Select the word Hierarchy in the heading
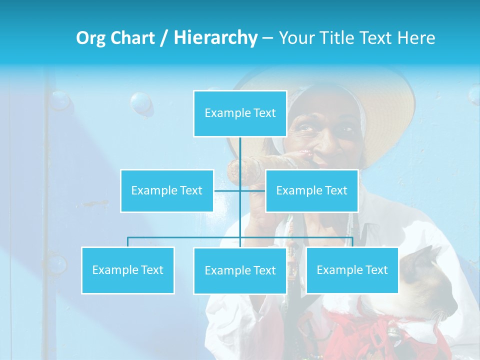(x=215, y=38)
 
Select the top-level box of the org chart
(x=240, y=113)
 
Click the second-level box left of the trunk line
(x=167, y=190)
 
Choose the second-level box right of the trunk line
(x=311, y=190)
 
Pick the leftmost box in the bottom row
(x=127, y=270)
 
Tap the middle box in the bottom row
(x=240, y=270)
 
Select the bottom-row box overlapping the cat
(x=352, y=270)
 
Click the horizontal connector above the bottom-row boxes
(x=185, y=237)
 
